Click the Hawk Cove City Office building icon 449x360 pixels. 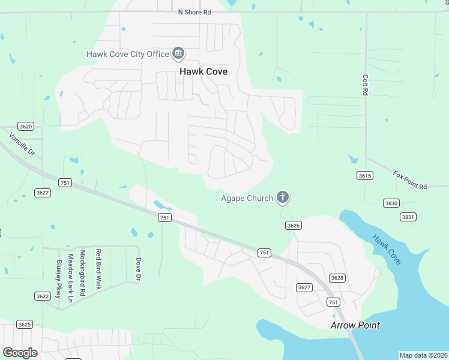(178, 54)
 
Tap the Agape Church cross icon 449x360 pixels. (283, 197)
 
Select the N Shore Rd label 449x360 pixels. (196, 11)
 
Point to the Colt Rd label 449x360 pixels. (365, 85)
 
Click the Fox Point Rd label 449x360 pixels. (410, 179)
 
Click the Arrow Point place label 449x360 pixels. (355, 325)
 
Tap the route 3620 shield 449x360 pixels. (26, 127)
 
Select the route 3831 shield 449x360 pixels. (408, 217)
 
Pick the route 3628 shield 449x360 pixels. (337, 277)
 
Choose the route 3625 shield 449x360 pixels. (25, 325)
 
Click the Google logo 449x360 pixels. (20, 352)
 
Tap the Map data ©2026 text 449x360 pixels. (423, 355)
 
